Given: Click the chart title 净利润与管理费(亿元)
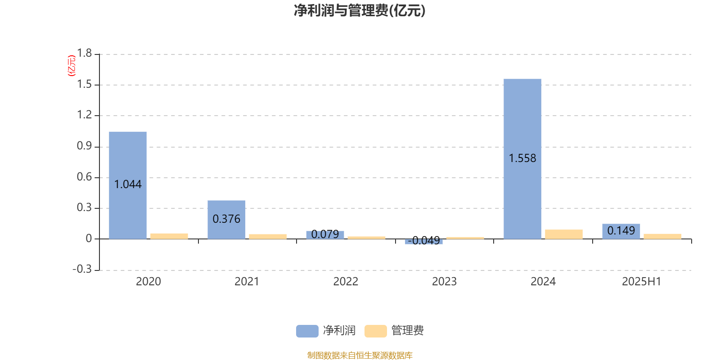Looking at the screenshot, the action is click(360, 10).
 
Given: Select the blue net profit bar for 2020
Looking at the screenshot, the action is click(128, 185).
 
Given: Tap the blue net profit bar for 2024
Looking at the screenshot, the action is click(522, 159).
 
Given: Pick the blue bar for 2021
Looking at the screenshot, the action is click(226, 220).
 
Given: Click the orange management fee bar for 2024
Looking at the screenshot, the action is click(564, 234).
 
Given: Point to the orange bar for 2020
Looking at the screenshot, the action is click(169, 236).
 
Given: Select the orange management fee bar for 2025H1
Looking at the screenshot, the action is click(662, 237).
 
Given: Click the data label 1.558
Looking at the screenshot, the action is click(522, 158).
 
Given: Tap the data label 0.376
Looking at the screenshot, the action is click(226, 219).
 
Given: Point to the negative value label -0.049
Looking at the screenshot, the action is click(423, 240).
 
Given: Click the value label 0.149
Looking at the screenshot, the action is click(621, 230).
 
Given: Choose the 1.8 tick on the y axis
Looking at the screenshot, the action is click(84, 53).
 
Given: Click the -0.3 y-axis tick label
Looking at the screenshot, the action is click(82, 269).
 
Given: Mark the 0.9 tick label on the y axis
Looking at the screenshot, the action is click(84, 146).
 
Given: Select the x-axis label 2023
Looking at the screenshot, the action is click(444, 282).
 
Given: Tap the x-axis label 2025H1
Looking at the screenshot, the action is click(642, 282).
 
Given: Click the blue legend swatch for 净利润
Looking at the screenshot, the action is click(307, 331).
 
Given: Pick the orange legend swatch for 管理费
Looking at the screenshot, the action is click(375, 331).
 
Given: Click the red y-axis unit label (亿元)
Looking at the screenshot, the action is click(72, 66).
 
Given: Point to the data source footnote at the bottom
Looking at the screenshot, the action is click(360, 355).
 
